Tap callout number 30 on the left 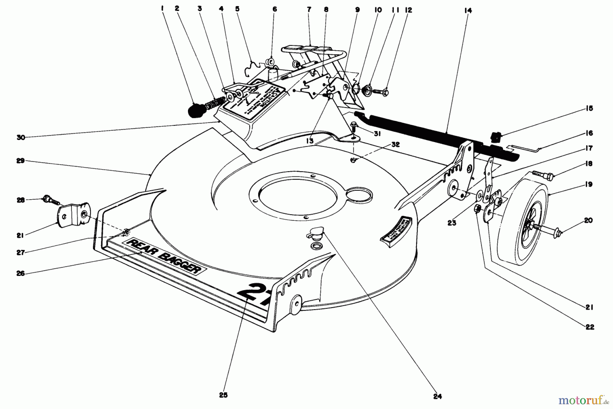(x=21, y=137)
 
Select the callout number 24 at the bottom (x=437, y=396)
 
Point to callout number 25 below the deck (x=223, y=395)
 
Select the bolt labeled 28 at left (x=50, y=200)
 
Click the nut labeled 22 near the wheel (x=477, y=209)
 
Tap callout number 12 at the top (x=408, y=10)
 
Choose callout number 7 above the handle (x=309, y=10)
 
